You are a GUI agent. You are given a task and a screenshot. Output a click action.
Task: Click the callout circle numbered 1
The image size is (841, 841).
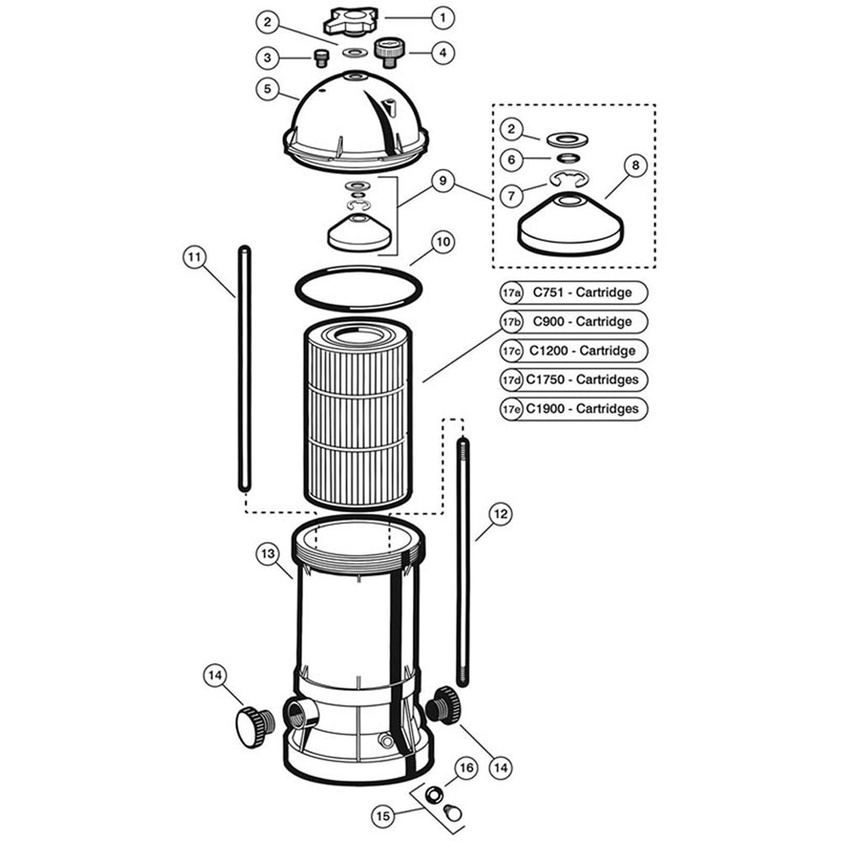coord(443,18)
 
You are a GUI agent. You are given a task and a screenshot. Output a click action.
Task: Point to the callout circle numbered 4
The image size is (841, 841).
coord(443,53)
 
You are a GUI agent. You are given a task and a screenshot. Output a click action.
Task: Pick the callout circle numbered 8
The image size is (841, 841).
coord(635,166)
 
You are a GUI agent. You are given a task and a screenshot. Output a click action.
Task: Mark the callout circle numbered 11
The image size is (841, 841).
coord(194,257)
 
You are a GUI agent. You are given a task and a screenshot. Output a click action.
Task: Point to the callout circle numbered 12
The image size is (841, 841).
coord(500,514)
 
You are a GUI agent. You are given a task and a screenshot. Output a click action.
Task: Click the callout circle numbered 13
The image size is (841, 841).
coord(268,554)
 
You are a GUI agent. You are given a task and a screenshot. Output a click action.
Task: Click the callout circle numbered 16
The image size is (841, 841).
coord(467,768)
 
